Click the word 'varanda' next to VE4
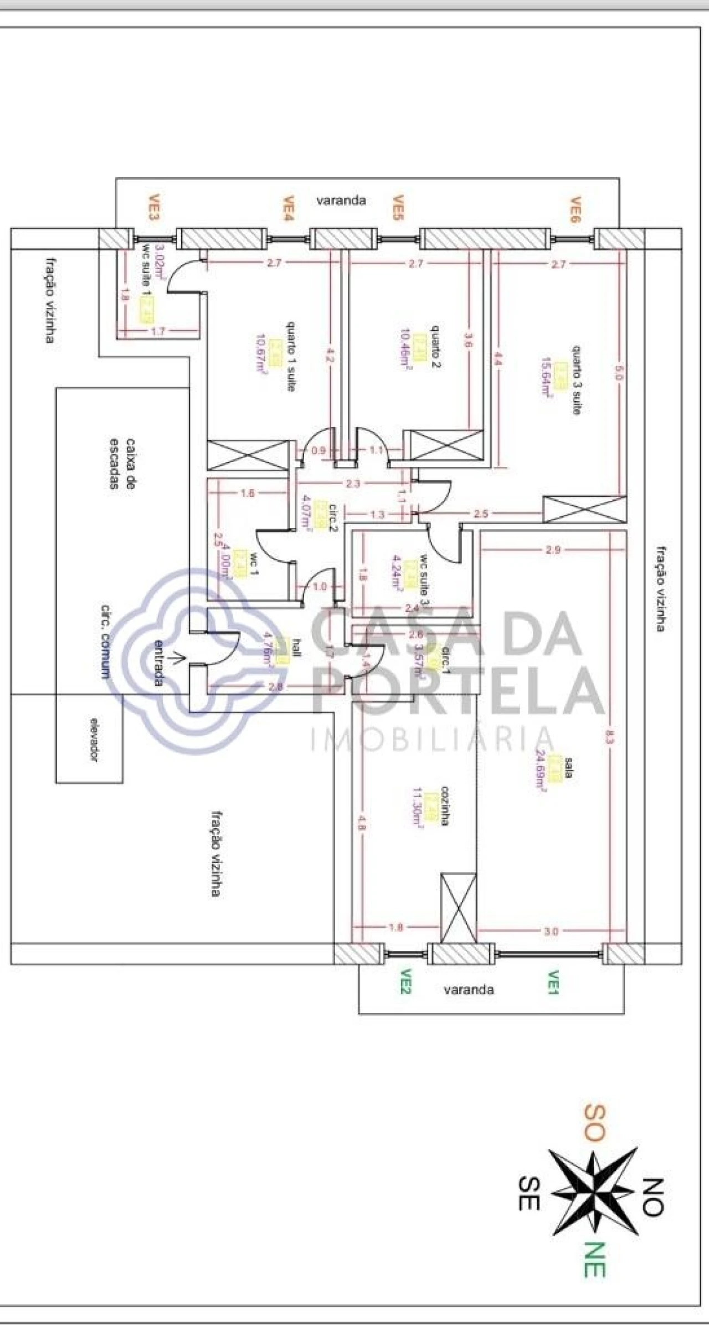[341, 201]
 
